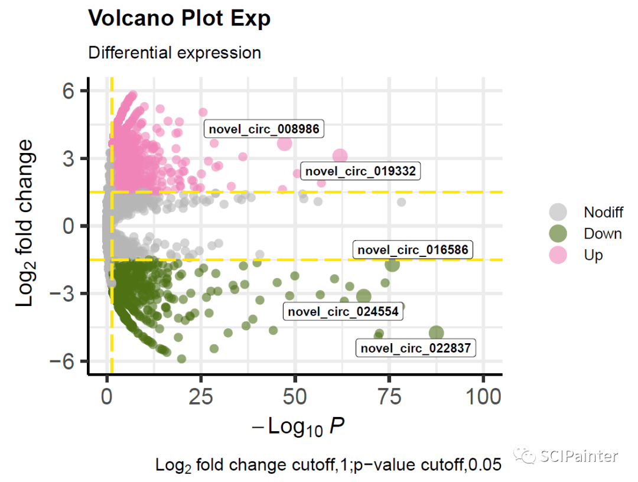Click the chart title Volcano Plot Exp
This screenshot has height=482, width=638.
point(179,18)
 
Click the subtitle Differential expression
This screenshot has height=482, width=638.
point(174,53)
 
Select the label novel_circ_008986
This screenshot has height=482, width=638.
point(264,128)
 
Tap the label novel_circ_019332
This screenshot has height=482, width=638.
point(360,171)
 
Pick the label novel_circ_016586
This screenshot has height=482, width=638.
point(413,250)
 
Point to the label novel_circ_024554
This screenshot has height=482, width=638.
point(343,311)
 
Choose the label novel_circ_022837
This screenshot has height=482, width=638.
point(416,347)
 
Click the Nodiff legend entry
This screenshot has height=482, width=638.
point(603,212)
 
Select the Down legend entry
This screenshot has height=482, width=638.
point(603,233)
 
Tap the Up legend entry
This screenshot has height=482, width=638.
point(593,255)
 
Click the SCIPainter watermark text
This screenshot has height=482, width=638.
point(578,456)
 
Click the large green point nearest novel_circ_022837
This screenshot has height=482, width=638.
point(437,333)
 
